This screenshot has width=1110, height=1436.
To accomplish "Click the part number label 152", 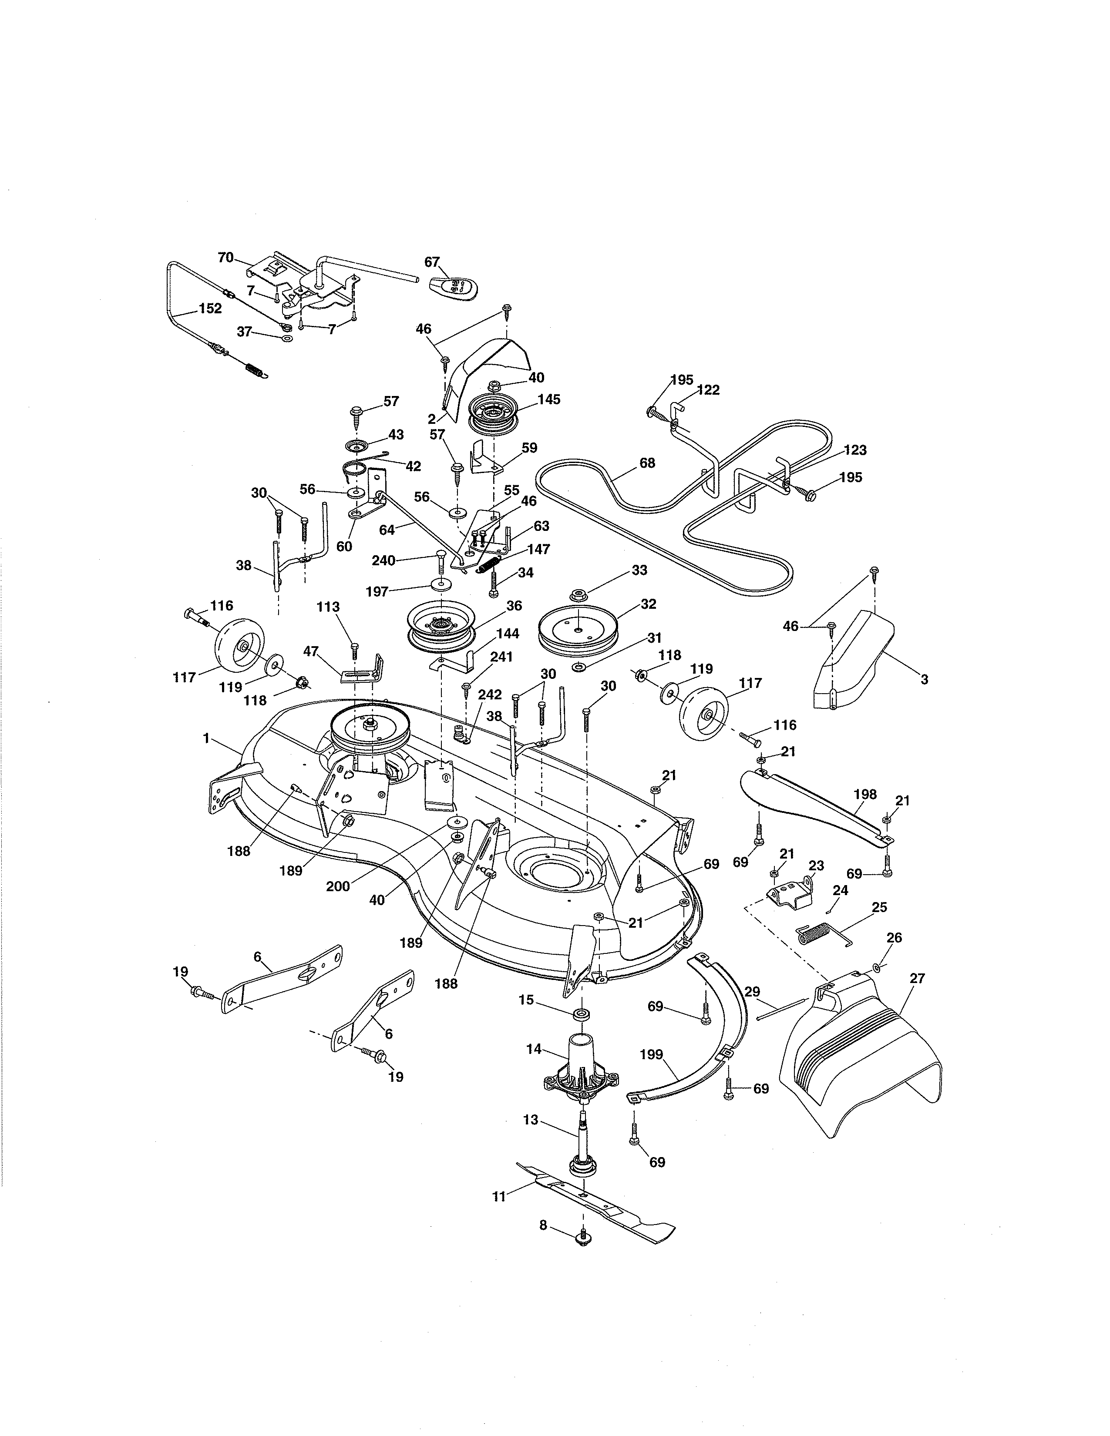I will pos(210,309).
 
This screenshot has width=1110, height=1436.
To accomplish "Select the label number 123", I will pos(855,450).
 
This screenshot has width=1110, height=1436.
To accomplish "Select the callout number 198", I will pos(865,794).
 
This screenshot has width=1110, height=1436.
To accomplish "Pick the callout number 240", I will pos(383,560).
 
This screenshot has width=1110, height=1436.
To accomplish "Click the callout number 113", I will pos(328,607).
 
